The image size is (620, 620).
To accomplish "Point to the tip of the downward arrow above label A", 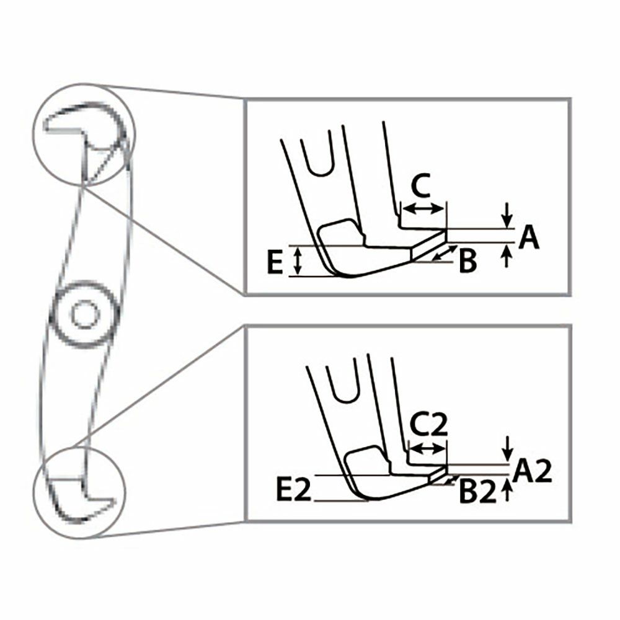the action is [x=507, y=228].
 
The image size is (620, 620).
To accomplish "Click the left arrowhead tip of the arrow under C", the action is [x=403, y=208].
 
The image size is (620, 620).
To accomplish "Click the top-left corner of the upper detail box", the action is [x=244, y=99].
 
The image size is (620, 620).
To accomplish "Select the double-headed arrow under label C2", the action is [x=427, y=448].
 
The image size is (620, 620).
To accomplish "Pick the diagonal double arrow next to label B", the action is [x=445, y=253].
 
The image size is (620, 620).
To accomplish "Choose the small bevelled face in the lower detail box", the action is [x=437, y=474].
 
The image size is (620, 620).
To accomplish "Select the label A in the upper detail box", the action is [x=529, y=237].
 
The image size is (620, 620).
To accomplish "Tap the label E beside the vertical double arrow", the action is [x=275, y=261].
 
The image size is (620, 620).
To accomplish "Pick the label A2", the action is [x=531, y=471].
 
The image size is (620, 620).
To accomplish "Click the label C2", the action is [x=428, y=424].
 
